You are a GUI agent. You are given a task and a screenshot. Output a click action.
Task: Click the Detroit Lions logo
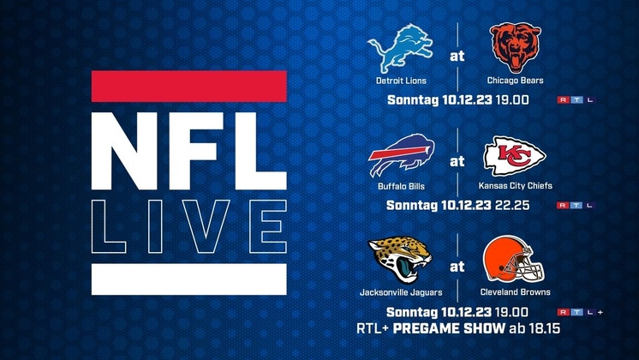pos(400,48)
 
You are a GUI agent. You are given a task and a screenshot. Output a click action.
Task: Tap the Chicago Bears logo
pos(516,48)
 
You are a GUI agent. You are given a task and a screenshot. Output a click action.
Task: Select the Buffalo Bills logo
pos(402,155)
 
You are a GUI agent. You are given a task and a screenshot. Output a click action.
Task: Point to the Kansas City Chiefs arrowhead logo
pos(515,156)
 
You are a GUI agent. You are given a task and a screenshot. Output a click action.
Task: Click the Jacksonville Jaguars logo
pos(400,260)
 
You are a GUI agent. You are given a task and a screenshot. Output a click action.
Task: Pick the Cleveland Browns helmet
pos(514,260)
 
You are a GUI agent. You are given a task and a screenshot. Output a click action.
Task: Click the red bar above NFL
pos(189,86)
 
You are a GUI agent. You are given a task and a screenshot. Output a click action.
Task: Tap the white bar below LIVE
pos(189,279)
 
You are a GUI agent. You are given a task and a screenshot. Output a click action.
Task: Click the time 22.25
pos(512,205)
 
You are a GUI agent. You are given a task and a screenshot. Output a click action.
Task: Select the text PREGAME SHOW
pos(449,328)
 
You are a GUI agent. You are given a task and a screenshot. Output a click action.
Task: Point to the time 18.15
pos(545,328)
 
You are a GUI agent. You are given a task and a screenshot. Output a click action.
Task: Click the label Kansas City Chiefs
pos(515,186)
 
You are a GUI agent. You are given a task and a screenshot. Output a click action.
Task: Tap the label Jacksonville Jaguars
pos(401,292)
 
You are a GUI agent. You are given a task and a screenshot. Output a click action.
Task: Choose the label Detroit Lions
pos(401,81)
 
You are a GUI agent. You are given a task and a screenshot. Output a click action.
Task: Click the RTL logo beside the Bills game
pos(576,206)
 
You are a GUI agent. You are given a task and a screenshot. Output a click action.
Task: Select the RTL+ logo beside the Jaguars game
pos(580,312)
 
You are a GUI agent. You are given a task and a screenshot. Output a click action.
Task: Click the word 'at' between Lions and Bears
pos(457,56)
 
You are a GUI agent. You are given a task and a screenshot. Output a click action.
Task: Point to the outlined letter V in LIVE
pos(206,226)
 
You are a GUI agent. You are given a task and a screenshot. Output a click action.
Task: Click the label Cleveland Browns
pos(515,292)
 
